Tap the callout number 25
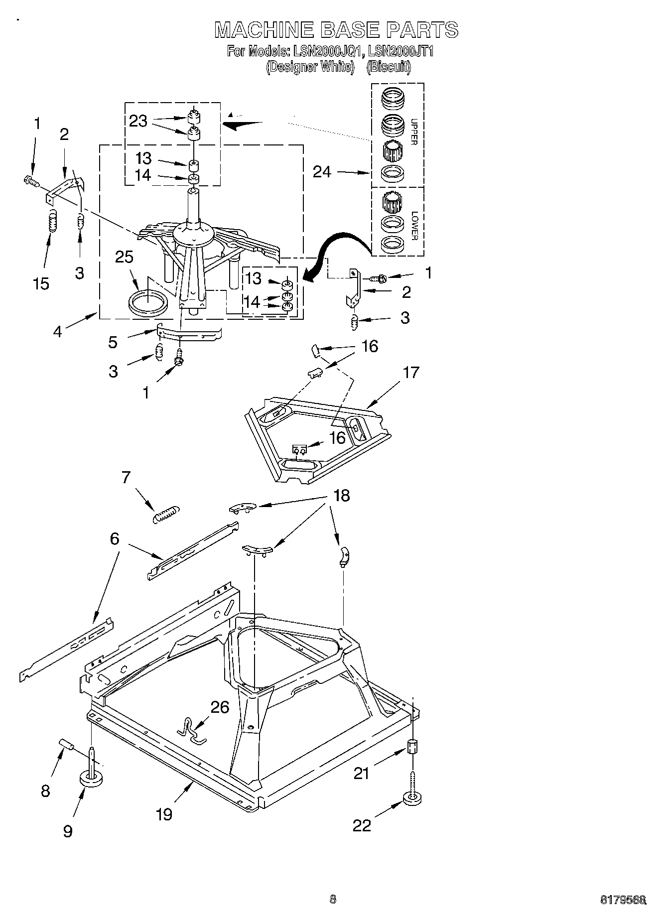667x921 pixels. (x=124, y=257)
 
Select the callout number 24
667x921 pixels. (x=322, y=172)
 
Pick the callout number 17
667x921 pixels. (x=411, y=372)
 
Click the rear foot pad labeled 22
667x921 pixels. (x=412, y=800)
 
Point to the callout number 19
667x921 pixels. (x=164, y=814)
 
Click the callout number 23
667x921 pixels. (x=138, y=121)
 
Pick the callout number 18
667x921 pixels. (x=342, y=496)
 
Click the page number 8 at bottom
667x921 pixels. (x=333, y=899)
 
